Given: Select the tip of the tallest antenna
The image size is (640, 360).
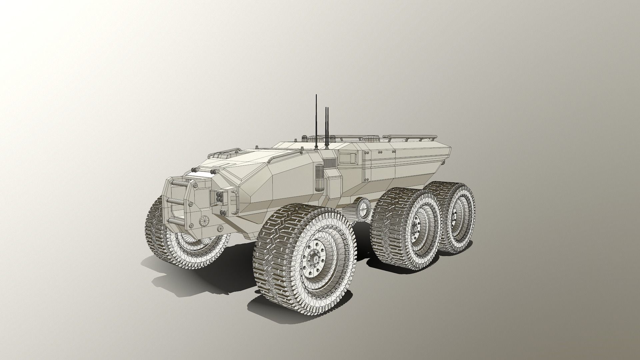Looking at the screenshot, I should pyautogui.click(x=316, y=95).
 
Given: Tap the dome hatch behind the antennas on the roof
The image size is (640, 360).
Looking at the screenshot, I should pyautogui.click(x=369, y=137).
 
